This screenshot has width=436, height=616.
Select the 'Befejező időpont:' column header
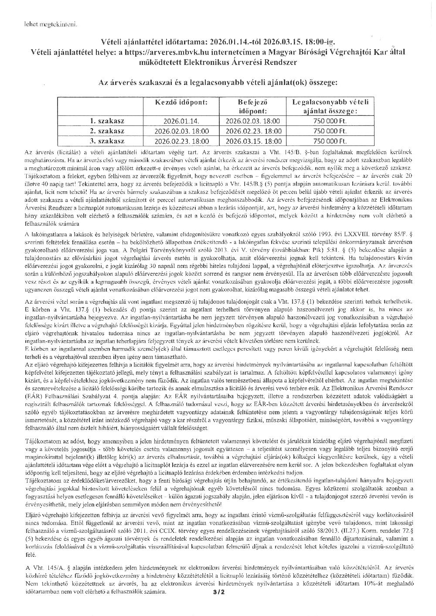pos(253,106)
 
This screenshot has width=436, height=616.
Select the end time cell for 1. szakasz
pos(253,121)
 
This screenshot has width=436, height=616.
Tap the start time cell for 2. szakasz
pos(182,131)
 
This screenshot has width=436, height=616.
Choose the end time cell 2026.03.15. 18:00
pos(253,141)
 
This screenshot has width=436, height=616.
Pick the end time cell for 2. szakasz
pos(253,131)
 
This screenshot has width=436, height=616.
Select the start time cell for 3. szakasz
pos(182,141)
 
